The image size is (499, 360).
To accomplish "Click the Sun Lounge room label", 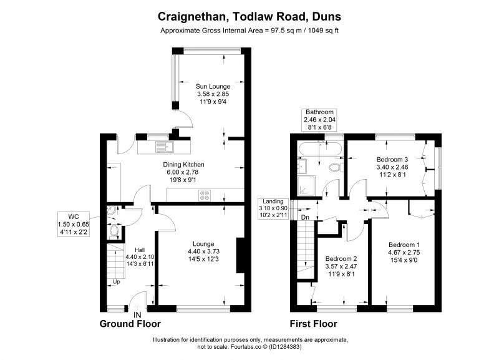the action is click(x=213, y=86).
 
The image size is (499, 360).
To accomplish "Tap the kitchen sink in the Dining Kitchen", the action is click(x=165, y=147).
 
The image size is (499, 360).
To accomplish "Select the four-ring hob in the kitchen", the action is click(x=205, y=195).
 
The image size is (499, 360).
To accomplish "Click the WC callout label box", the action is click(x=74, y=224).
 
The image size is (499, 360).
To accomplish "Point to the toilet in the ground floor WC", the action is click(x=114, y=231).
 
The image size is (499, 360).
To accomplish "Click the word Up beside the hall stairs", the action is click(x=117, y=281).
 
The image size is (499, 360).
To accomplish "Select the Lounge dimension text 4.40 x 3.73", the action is click(x=204, y=251).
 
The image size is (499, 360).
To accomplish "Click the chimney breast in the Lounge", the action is click(x=240, y=255).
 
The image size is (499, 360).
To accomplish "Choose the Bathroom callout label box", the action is click(x=319, y=120).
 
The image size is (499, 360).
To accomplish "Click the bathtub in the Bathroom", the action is click(x=320, y=150).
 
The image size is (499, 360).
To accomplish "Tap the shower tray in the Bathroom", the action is click(x=306, y=185).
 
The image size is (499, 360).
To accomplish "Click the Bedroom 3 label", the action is click(x=392, y=160).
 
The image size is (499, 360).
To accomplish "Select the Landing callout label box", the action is click(x=273, y=208).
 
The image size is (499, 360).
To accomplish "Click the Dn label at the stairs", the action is click(x=305, y=217).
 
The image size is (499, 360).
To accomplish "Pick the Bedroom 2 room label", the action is click(x=341, y=259).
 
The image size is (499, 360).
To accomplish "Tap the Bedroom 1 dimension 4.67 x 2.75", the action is click(x=404, y=253).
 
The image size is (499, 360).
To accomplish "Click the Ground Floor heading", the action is click(x=130, y=324).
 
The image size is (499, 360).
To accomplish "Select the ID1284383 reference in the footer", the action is click(x=285, y=347).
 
